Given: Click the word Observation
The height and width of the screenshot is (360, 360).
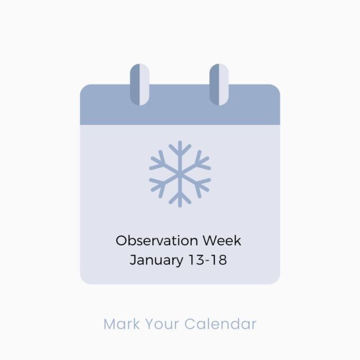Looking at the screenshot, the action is [x=157, y=241].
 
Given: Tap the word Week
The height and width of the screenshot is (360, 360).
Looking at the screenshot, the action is [x=222, y=241].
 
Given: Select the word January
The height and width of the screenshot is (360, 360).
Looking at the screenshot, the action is [x=156, y=260].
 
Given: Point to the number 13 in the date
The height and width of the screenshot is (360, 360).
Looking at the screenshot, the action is [x=197, y=260].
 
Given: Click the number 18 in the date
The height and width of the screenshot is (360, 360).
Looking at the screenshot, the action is [x=219, y=260].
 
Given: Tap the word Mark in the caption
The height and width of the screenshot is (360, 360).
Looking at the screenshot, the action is [x=121, y=324].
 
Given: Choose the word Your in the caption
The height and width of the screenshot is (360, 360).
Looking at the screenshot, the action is [x=163, y=324].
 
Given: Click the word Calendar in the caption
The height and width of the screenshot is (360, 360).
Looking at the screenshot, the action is [x=220, y=324].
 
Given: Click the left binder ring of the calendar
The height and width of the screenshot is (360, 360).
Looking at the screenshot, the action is [x=139, y=85].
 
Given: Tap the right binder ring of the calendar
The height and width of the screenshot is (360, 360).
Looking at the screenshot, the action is [x=219, y=85].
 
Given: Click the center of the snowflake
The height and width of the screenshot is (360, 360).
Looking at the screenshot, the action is [x=180, y=174].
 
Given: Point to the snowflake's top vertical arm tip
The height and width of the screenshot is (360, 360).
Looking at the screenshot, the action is [x=180, y=142].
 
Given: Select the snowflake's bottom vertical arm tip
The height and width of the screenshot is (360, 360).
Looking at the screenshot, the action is [x=180, y=206].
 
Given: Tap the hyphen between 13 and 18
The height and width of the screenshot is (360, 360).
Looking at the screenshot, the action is [x=208, y=261].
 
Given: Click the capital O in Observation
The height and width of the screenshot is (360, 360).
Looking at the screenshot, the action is [x=121, y=241].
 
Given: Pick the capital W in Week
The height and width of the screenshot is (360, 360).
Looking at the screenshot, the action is [x=211, y=241].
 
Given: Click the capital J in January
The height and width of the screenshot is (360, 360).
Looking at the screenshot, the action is [x=133, y=260].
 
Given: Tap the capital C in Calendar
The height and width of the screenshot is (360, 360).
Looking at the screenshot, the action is [x=190, y=324].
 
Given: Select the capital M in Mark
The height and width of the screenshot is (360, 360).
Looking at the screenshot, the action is [x=110, y=324].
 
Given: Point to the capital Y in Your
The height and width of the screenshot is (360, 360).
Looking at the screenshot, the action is [x=150, y=324].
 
